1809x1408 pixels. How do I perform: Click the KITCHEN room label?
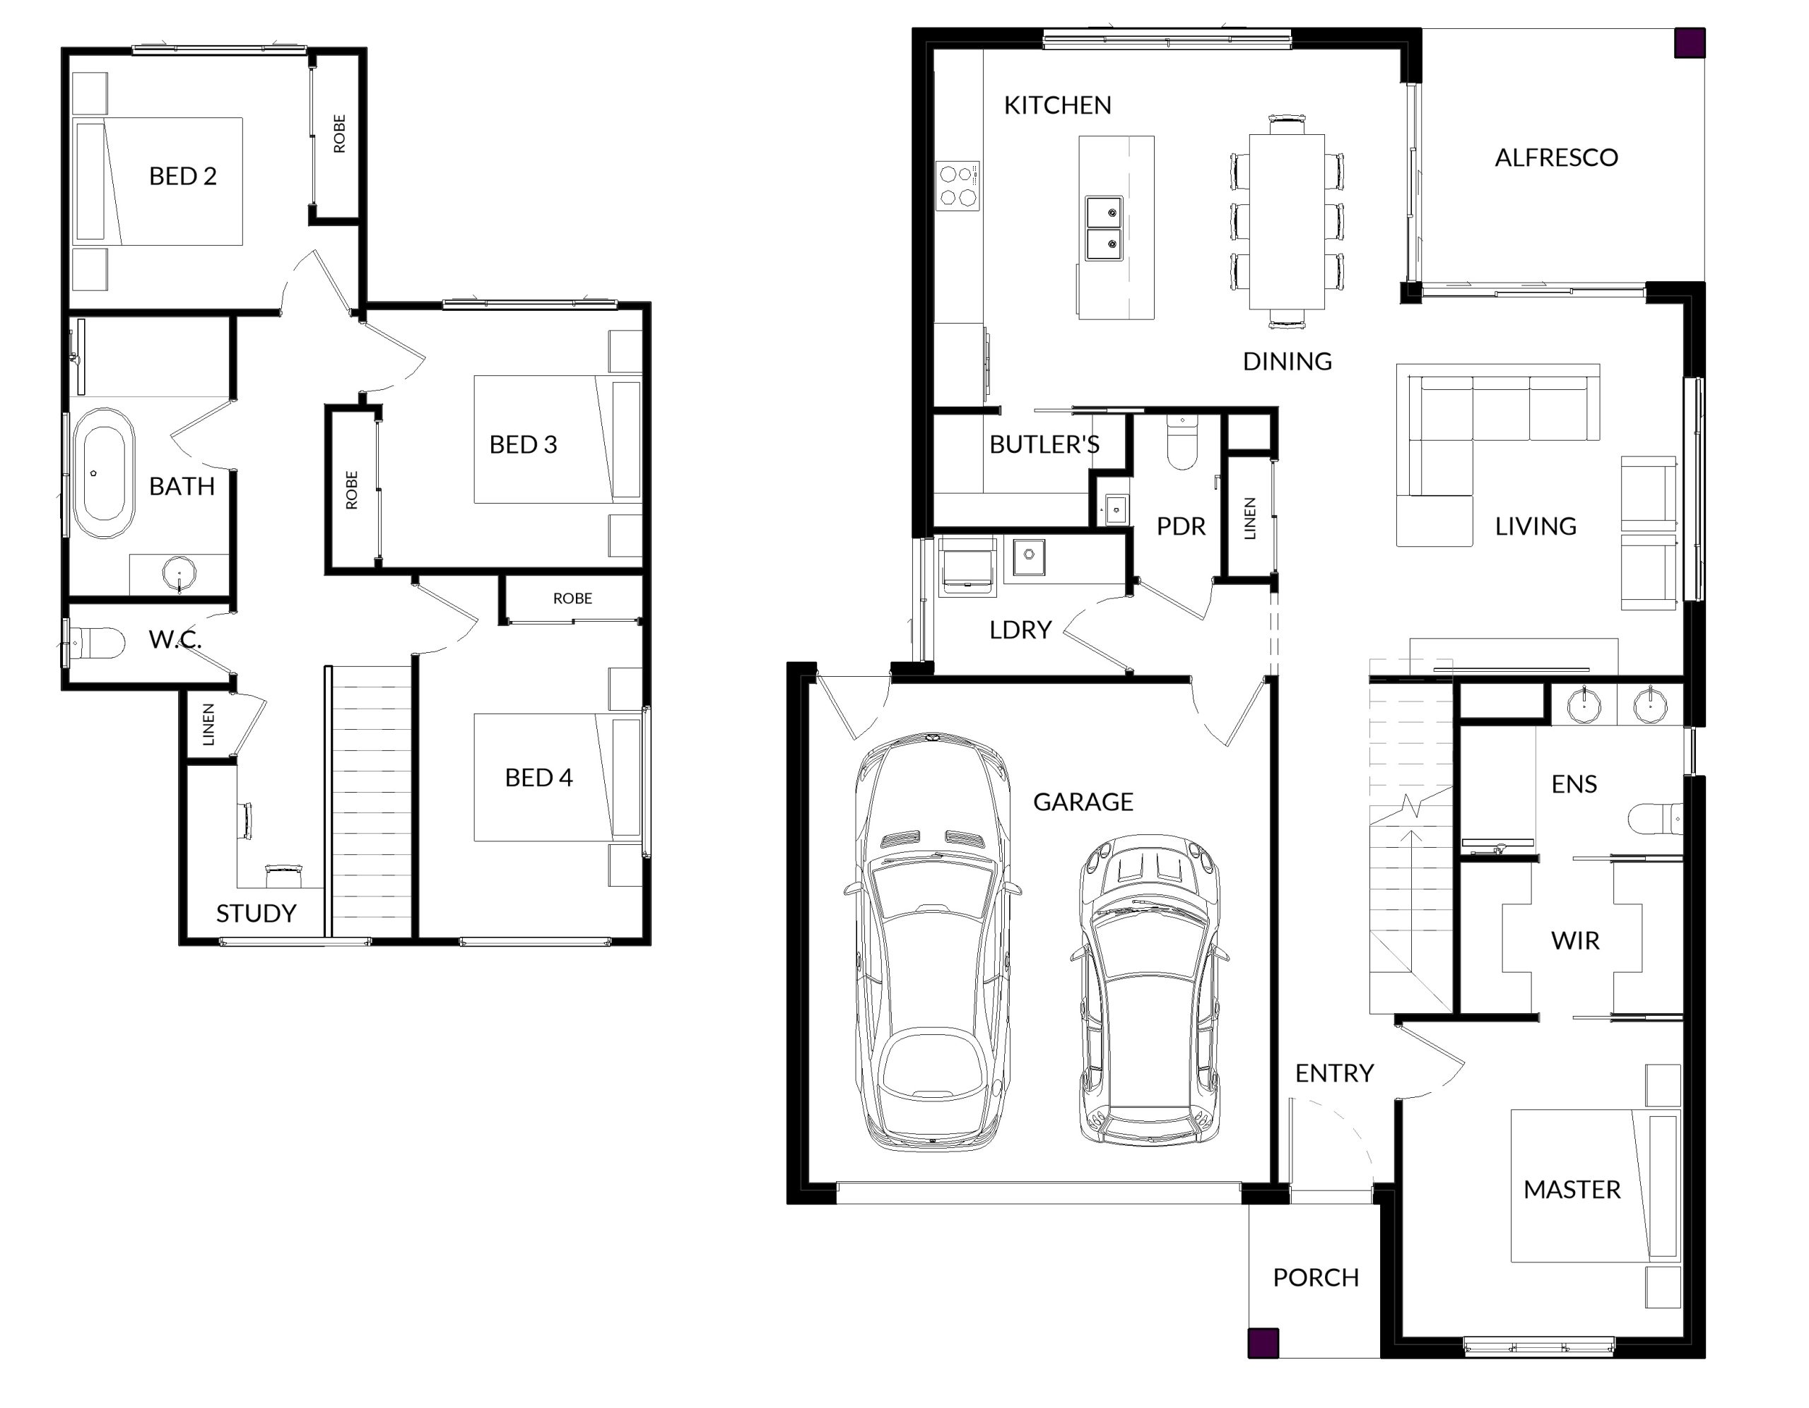[x=1057, y=105]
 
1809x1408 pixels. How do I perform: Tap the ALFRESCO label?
[x=1555, y=158]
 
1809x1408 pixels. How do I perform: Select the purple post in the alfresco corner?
[x=1690, y=43]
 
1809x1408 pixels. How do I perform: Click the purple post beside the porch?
[x=1263, y=1342]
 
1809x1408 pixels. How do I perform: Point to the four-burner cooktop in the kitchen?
[x=957, y=184]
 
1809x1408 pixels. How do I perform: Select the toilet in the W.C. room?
[x=95, y=643]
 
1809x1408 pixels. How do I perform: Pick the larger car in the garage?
[x=932, y=942]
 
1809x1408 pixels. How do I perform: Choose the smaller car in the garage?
[x=1149, y=990]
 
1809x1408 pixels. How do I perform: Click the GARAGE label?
[x=1083, y=802]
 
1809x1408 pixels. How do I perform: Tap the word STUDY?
[x=256, y=913]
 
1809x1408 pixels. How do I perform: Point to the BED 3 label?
[x=523, y=445]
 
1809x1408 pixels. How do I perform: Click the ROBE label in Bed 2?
[x=338, y=134]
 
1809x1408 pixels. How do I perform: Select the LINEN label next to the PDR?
[x=1250, y=519]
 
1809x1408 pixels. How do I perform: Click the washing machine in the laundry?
[x=967, y=567]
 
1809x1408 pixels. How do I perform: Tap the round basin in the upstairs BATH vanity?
[x=179, y=572]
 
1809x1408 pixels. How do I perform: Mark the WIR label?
[x=1574, y=941]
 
